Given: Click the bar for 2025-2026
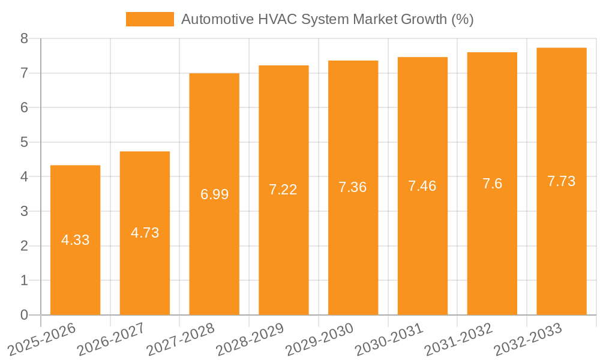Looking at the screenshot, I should point(75,240).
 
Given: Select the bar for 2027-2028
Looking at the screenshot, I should point(214,194).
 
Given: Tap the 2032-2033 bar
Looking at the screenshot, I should point(562,181).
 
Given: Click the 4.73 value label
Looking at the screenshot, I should point(145,233).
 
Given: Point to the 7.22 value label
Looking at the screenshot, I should point(283,190).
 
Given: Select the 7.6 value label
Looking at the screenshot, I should point(492,184).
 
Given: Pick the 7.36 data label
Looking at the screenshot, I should point(353,187).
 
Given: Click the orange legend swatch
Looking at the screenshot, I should point(149,19).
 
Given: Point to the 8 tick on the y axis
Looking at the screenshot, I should point(24,38).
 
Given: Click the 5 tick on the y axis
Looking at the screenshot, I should point(24,142).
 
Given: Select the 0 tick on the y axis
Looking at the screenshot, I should point(24,315).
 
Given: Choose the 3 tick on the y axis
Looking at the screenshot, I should point(24,211).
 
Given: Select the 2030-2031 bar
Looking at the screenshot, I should point(422,186).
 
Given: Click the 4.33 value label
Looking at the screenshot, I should point(75,240).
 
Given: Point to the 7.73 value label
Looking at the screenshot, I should point(562,181).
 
